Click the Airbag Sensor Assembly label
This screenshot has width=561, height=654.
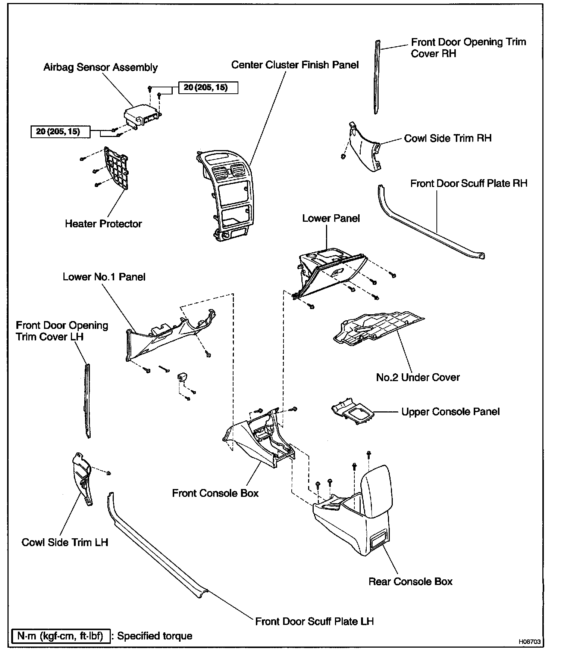101,67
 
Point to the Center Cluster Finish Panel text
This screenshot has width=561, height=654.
295,65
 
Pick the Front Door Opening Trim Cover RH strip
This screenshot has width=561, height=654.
377,77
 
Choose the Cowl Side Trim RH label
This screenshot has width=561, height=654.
448,138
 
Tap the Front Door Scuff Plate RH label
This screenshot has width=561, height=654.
469,183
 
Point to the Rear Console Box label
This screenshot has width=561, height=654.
410,581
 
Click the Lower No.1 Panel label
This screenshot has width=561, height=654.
104,277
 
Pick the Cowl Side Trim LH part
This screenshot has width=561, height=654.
82,479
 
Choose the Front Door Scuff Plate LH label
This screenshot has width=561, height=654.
314,621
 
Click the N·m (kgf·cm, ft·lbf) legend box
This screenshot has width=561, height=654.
61,636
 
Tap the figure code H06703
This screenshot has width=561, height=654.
530,642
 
